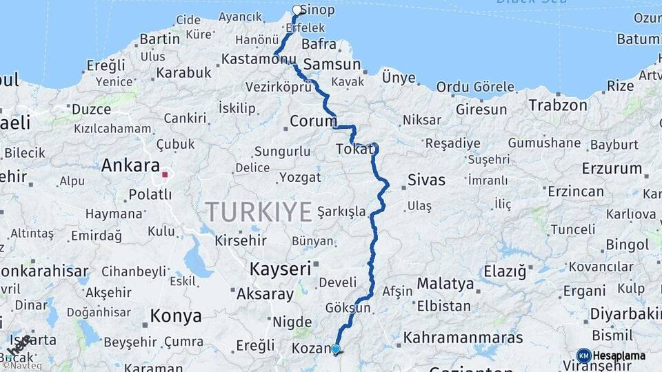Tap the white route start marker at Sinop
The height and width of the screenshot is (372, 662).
[297, 10]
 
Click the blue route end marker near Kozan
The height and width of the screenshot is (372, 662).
[336, 349]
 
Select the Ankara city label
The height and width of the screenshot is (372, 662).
[130, 166]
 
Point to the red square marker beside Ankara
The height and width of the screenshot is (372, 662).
[165, 174]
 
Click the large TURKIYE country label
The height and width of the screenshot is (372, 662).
[259, 212]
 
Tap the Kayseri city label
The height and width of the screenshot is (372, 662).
[281, 269]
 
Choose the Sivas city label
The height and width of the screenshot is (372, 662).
[426, 180]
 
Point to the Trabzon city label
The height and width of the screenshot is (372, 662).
[558, 105]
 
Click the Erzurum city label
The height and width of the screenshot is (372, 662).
[612, 168]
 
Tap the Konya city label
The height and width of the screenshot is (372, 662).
[176, 316]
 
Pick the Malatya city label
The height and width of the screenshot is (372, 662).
[445, 284]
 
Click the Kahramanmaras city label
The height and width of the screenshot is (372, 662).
[463, 338]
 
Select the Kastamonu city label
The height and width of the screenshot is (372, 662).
[258, 60]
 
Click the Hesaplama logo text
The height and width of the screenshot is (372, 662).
[619, 356]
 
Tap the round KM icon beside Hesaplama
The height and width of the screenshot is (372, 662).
[583, 356]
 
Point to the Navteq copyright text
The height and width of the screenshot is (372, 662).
[22, 365]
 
